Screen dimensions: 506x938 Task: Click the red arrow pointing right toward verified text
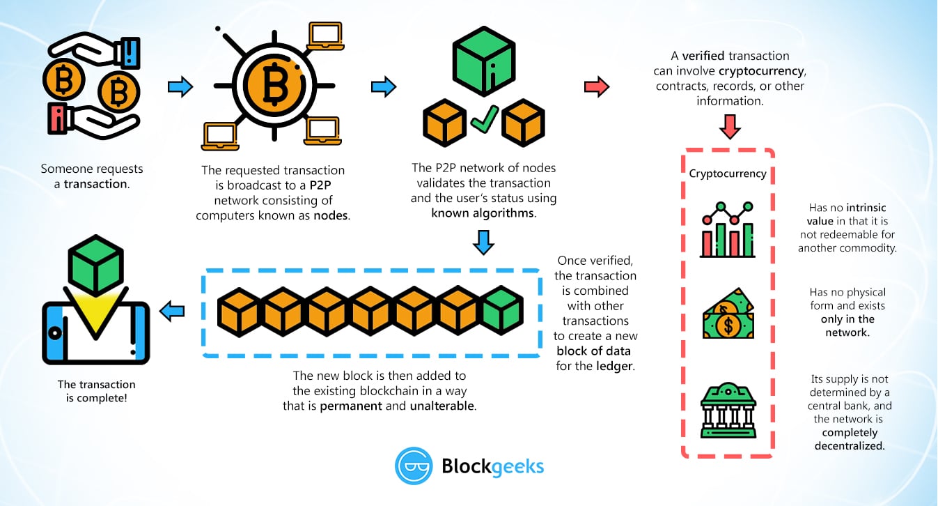point(595,87)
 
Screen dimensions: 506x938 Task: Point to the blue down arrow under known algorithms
point(483,242)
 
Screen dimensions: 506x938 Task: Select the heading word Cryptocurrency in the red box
point(728,174)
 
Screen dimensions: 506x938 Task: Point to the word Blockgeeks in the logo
point(493,466)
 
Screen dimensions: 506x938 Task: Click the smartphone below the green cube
point(95,333)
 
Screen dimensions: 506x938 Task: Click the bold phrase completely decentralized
point(850,438)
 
